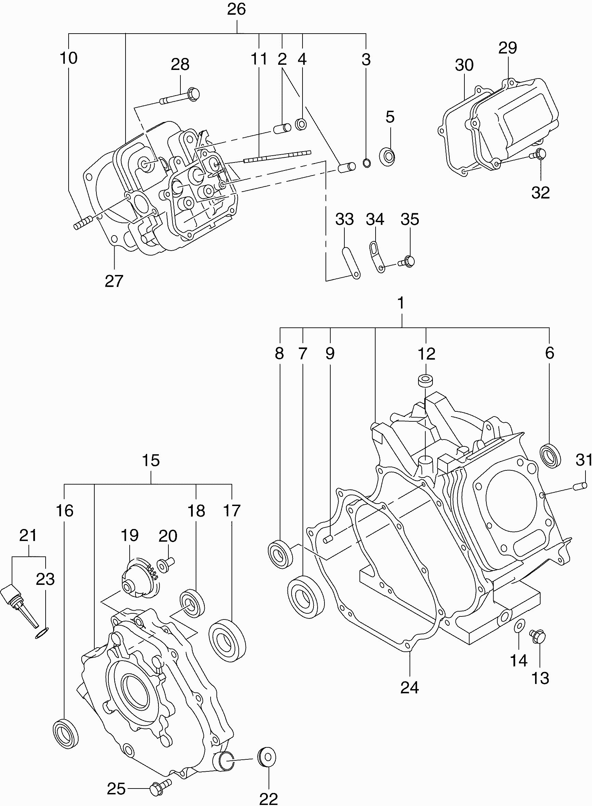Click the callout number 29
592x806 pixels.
508,48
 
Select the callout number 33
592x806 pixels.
344,219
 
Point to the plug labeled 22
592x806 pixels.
267,766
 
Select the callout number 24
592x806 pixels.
410,687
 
